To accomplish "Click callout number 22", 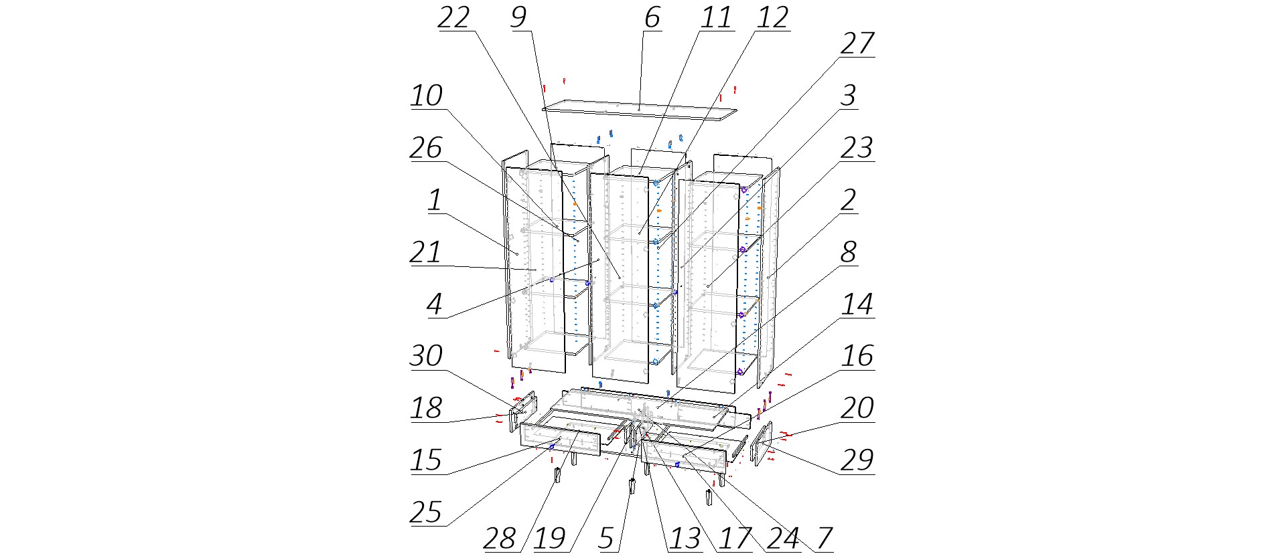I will [x=453, y=18].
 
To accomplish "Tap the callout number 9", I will [x=518, y=18].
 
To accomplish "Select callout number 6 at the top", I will [x=652, y=18].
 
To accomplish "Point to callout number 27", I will [x=857, y=44].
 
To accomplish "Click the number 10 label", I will [x=427, y=96].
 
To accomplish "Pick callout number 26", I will [x=427, y=149].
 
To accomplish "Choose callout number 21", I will [x=427, y=253].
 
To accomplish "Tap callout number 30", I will [x=427, y=357].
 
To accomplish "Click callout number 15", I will [x=427, y=461].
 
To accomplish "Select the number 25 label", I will [x=427, y=513].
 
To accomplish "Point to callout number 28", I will [x=500, y=539].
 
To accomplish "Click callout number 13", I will [x=685, y=539].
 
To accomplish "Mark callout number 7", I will [x=824, y=539].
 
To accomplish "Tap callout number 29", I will [x=857, y=461].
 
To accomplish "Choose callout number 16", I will [x=857, y=357].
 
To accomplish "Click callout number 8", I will [x=848, y=253].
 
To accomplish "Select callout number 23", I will [x=857, y=149].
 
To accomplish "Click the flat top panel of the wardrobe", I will [x=640, y=111].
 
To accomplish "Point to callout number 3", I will [x=848, y=96].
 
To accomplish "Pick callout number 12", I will [x=772, y=18].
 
